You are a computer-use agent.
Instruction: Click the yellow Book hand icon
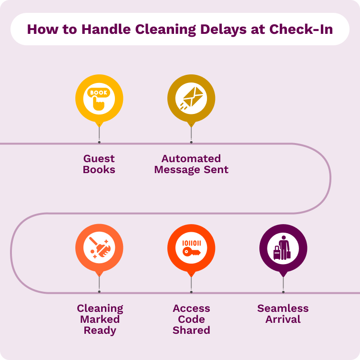click(99, 99)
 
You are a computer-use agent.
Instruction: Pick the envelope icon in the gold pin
click(191, 99)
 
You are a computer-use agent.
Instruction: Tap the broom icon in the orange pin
click(99, 248)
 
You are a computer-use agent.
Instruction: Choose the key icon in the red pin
click(191, 248)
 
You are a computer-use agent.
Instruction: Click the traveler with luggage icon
click(283, 248)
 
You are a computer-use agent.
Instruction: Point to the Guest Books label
click(99, 164)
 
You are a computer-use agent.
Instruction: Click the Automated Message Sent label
click(191, 164)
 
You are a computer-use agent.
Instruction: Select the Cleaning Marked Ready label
click(100, 319)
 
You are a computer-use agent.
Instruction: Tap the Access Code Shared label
click(191, 319)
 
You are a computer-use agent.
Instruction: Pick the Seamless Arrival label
click(283, 314)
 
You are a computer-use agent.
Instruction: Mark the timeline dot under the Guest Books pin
click(99, 142)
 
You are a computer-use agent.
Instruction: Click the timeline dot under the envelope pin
click(191, 142)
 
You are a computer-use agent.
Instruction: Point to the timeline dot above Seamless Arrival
click(283, 292)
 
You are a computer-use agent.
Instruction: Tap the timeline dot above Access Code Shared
click(191, 292)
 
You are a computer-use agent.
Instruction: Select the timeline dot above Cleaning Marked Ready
click(99, 292)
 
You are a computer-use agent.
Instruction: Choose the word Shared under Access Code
click(191, 330)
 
